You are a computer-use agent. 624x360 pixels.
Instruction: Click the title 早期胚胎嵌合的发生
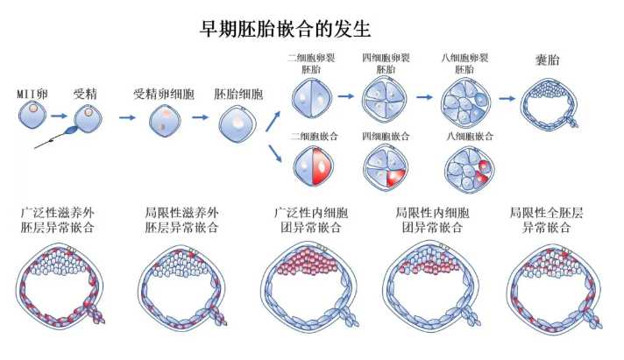click(287, 29)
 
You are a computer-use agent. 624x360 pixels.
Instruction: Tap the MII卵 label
click(32, 93)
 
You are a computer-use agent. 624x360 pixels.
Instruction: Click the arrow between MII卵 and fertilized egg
click(60, 115)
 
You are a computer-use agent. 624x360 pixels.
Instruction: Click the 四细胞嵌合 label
click(386, 138)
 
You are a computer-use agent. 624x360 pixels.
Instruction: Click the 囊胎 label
click(548, 61)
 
